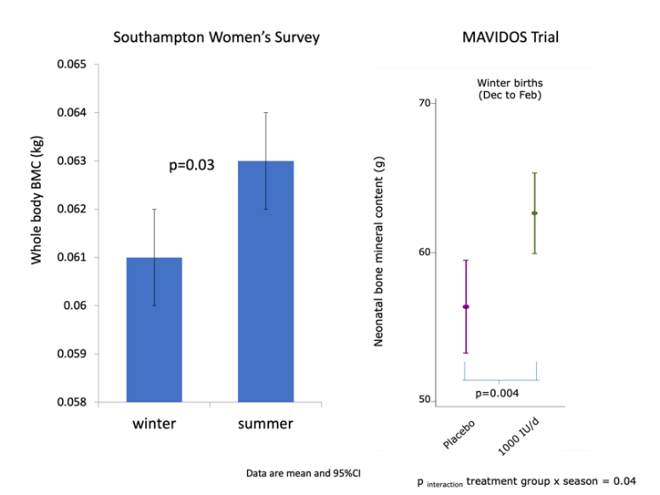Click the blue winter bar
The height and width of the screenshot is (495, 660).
click(x=154, y=329)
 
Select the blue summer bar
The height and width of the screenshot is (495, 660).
click(x=266, y=282)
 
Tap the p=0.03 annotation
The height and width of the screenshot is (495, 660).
click(x=191, y=165)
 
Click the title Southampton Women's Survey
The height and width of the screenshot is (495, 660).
click(x=217, y=37)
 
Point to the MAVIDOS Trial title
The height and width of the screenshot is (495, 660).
click(x=511, y=37)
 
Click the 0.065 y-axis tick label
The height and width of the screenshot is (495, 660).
click(x=71, y=64)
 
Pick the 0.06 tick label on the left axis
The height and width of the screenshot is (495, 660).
click(x=75, y=305)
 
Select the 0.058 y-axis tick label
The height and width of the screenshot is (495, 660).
click(x=71, y=401)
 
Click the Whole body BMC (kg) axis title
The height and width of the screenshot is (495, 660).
click(x=37, y=200)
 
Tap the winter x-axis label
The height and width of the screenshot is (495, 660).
click(x=154, y=424)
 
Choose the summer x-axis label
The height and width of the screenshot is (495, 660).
click(x=265, y=424)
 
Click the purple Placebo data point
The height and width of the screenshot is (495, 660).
click(x=466, y=306)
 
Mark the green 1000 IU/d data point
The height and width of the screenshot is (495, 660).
click(x=534, y=213)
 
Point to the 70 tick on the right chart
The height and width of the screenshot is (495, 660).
click(x=425, y=103)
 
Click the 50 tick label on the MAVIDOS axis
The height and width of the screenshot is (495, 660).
click(x=425, y=399)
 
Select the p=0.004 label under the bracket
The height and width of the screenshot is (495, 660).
click(x=497, y=394)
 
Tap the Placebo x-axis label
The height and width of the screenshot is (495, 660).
click(x=459, y=435)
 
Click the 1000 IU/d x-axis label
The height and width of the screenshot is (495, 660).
click(x=518, y=436)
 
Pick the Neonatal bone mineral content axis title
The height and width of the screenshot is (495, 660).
click(x=378, y=251)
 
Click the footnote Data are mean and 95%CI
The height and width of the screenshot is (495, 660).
click(x=303, y=474)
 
